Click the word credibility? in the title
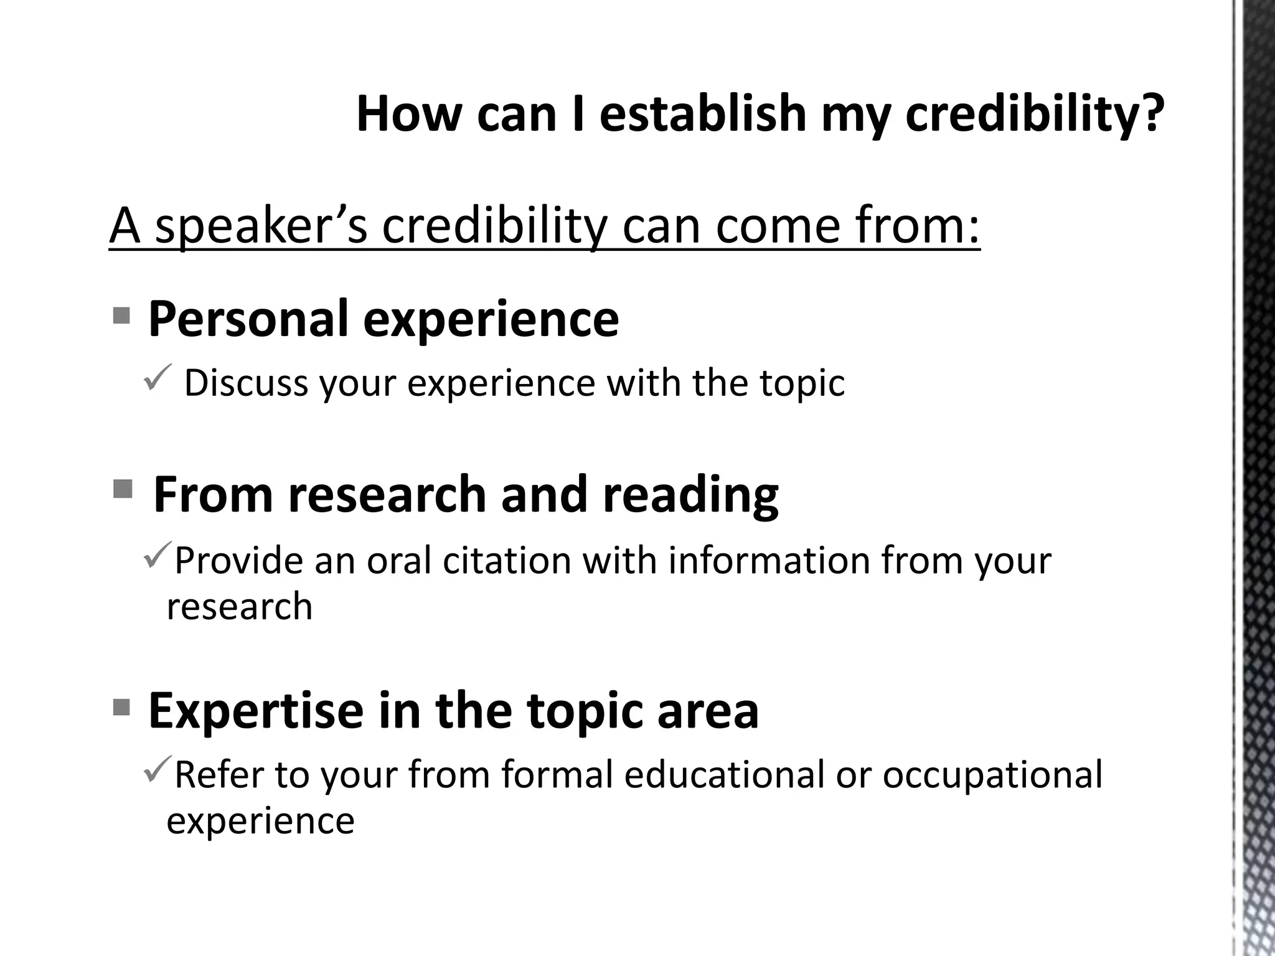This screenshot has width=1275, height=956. (x=1034, y=115)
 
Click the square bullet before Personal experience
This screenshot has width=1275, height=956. (x=122, y=316)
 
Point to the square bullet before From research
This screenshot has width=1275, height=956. (x=123, y=490)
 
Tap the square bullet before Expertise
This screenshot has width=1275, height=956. (x=122, y=707)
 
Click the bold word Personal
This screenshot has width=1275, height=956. (x=248, y=319)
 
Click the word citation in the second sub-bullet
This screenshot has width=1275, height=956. (x=506, y=561)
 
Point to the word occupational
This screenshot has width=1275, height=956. (x=992, y=776)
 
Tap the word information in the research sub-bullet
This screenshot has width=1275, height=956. (x=768, y=561)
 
